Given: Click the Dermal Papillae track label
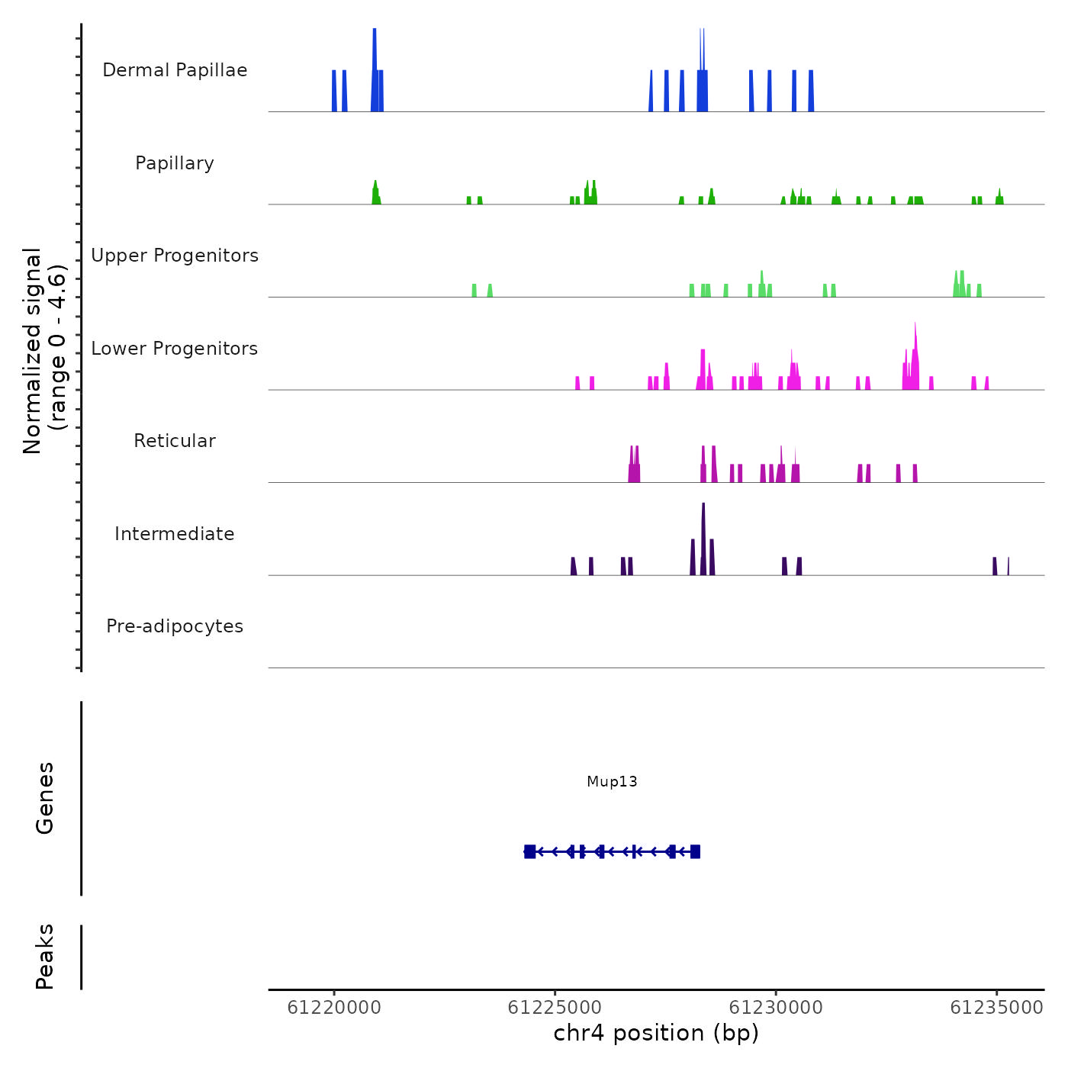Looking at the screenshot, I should point(175,70).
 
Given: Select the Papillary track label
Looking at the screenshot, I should point(175,163).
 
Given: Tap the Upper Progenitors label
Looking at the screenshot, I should point(175,256).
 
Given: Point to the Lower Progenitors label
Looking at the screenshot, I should point(175,349).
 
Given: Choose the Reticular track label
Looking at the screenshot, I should point(175,441).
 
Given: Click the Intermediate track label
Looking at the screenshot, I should point(175,534).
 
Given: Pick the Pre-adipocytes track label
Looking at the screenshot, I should point(175,626).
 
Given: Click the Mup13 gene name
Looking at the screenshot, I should point(612,781).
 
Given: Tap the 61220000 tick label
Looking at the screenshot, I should point(334,1008).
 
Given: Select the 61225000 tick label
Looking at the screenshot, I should point(555,1008).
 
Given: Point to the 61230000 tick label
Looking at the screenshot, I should point(776,1008).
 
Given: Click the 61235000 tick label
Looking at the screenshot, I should point(996,1008).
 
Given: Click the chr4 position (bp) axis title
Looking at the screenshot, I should point(656,1033).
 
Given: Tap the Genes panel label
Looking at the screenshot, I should point(45,798).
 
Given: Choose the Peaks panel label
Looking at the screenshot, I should point(45,957).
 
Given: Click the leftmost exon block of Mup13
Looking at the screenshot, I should point(529,851).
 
